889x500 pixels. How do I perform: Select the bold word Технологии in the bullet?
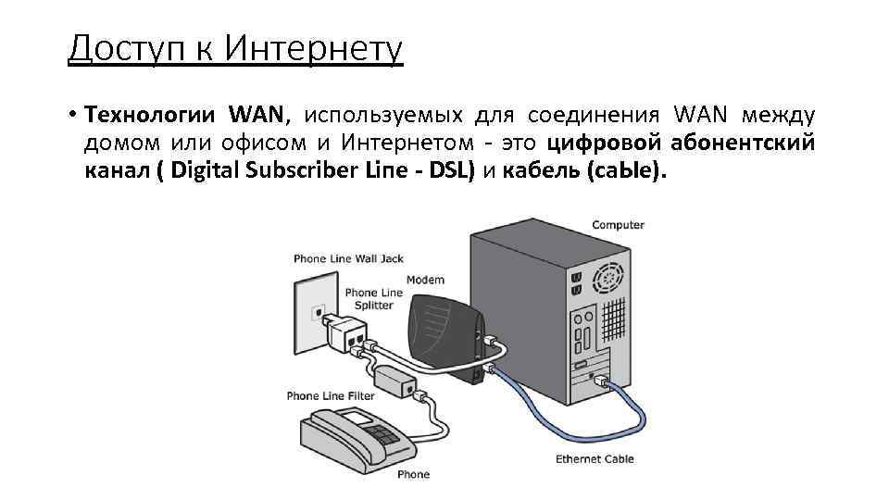pyautogui.click(x=150, y=116)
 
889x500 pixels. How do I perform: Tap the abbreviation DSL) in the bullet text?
pyautogui.click(x=448, y=171)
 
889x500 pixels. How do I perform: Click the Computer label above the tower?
pyautogui.click(x=618, y=225)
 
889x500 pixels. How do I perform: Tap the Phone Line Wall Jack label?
pyautogui.click(x=348, y=258)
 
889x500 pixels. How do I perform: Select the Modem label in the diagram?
pyautogui.click(x=425, y=280)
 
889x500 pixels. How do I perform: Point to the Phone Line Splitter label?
pyautogui.click(x=374, y=299)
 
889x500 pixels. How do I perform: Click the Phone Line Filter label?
pyautogui.click(x=331, y=396)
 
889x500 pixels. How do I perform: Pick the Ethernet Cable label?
pyautogui.click(x=595, y=459)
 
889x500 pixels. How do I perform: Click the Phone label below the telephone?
pyautogui.click(x=413, y=475)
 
